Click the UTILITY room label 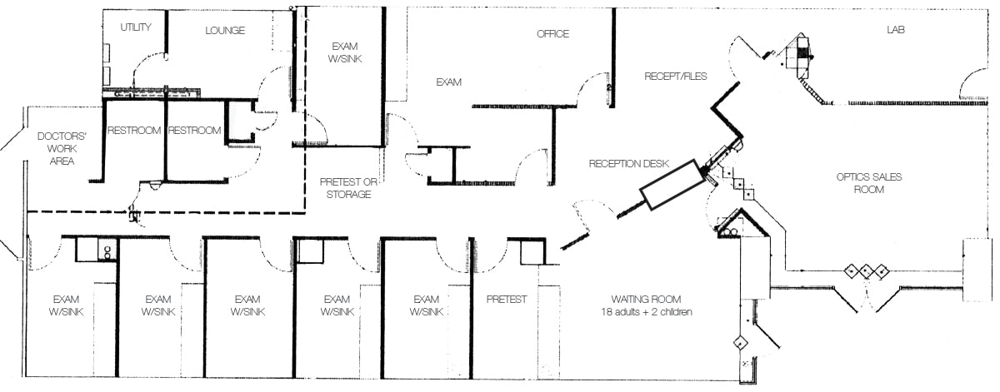[x=136, y=27]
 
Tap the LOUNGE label [x=225, y=31]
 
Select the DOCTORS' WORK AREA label [x=57, y=148]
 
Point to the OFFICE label [x=552, y=34]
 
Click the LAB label [x=896, y=30]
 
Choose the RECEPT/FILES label [x=675, y=77]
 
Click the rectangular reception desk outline [x=672, y=185]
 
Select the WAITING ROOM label [x=646, y=300]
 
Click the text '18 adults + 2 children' [x=646, y=312]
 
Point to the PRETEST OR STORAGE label [x=345, y=188]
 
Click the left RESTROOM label [x=133, y=131]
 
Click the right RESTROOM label [x=195, y=131]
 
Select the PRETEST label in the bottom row [x=507, y=300]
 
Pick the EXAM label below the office [x=449, y=82]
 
